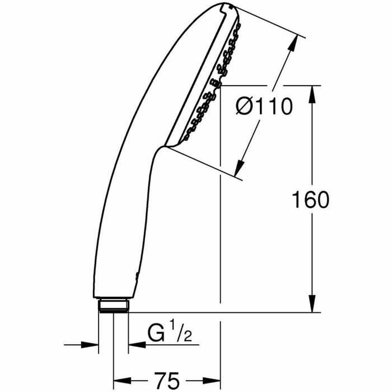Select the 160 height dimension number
click(x=310, y=200)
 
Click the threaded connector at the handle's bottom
click(x=114, y=306)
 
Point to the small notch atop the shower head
click(x=225, y=6)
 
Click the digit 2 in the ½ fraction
click(x=187, y=337)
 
